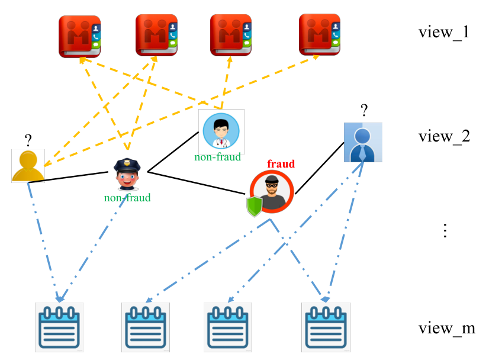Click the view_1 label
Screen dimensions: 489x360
coord(444,33)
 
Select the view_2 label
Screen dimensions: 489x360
coord(444,136)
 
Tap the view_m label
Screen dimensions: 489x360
coord(446,328)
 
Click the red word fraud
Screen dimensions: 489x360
coord(281,164)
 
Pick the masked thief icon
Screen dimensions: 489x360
coord(272,192)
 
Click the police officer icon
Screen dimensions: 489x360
coord(127,174)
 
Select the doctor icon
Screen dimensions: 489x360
coord(221,131)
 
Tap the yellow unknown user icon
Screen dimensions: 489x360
coord(28,166)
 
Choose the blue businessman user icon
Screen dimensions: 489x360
coord(363,142)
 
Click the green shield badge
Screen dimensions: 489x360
coord(255,206)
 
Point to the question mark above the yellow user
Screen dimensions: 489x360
coord(28,140)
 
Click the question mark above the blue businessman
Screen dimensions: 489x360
coord(364,111)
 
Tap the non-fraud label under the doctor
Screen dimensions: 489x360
coord(218,157)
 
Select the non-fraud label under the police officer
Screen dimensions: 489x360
coord(127,198)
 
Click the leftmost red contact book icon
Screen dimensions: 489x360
coord(79,37)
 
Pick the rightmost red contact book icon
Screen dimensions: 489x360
coord(319,34)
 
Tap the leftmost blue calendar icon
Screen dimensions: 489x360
coord(59,327)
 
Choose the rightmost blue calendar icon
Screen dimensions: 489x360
coord(326,327)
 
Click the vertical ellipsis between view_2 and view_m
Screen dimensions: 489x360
coord(445,230)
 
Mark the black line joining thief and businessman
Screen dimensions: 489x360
coord(320,168)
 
